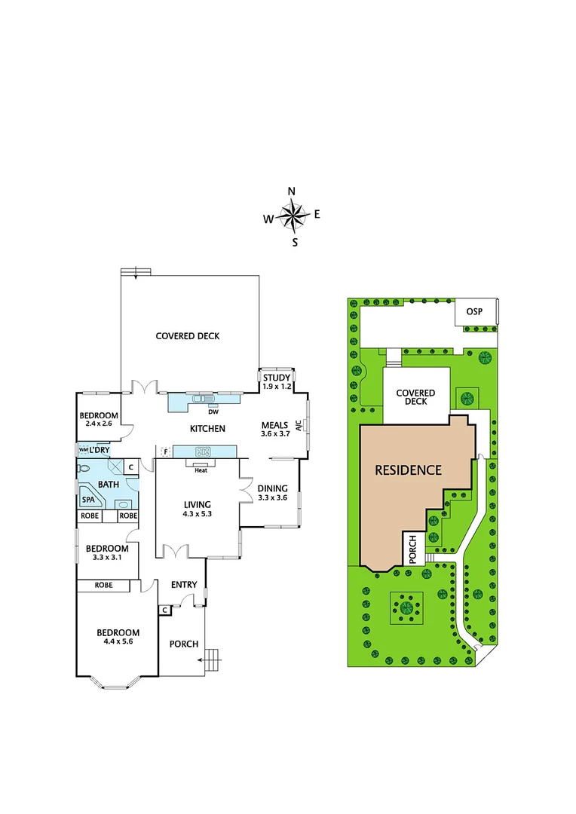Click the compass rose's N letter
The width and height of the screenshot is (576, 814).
[x=293, y=191]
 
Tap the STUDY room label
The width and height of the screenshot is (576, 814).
[x=276, y=378]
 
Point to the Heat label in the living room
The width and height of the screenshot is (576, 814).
[x=201, y=471]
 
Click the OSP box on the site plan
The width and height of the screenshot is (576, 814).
[x=474, y=313]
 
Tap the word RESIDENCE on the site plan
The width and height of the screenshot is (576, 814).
[x=408, y=470]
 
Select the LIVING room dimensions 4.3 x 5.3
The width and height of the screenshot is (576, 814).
[x=197, y=515]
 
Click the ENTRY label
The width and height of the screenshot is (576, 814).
[x=184, y=585]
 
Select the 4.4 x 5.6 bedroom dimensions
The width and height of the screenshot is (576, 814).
[x=118, y=642]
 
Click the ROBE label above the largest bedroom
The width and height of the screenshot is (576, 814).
[x=103, y=586]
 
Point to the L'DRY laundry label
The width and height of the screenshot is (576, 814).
[x=100, y=450]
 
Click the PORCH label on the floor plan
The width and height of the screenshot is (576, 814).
[x=183, y=644]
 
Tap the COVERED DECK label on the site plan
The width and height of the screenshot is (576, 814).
[x=415, y=397]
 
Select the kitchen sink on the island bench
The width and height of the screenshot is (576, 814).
[x=202, y=451]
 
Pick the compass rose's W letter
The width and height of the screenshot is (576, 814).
[x=268, y=219]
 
